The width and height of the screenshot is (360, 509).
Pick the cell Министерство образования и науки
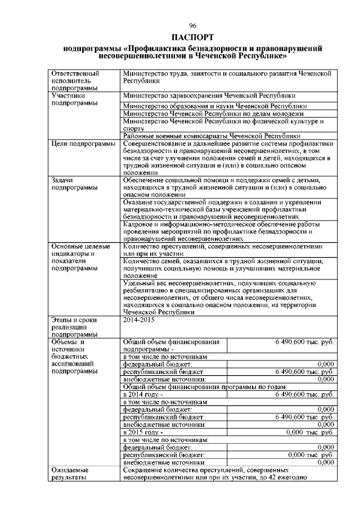click(x=214, y=106)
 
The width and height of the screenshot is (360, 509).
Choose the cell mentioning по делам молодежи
click(x=209, y=113)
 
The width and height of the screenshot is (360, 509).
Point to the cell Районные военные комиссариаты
click(x=211, y=136)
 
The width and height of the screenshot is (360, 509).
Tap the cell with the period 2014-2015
click(x=137, y=319)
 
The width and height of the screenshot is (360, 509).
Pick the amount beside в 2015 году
click(x=309, y=432)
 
